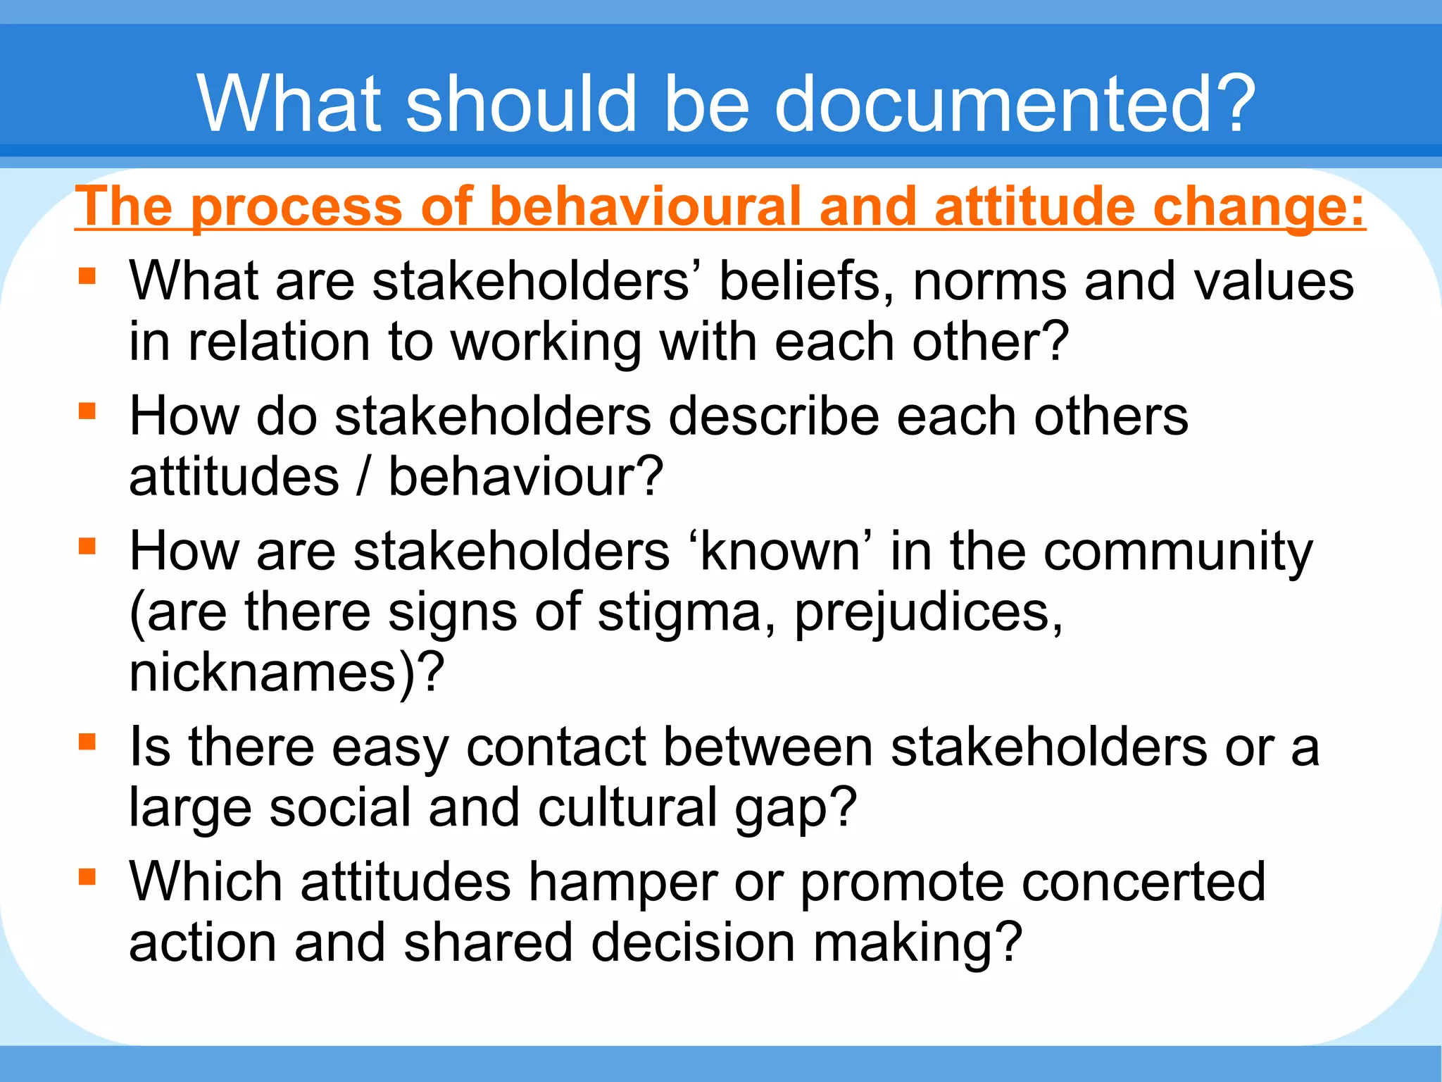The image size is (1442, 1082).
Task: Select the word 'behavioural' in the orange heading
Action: (644, 207)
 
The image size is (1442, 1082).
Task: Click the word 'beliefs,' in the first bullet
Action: (807, 281)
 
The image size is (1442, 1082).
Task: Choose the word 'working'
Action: (545, 343)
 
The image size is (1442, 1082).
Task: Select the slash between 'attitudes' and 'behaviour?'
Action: (364, 477)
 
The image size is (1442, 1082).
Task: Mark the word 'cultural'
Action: (627, 807)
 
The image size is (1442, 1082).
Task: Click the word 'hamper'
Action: (623, 883)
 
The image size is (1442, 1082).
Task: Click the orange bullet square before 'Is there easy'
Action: (87, 742)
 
